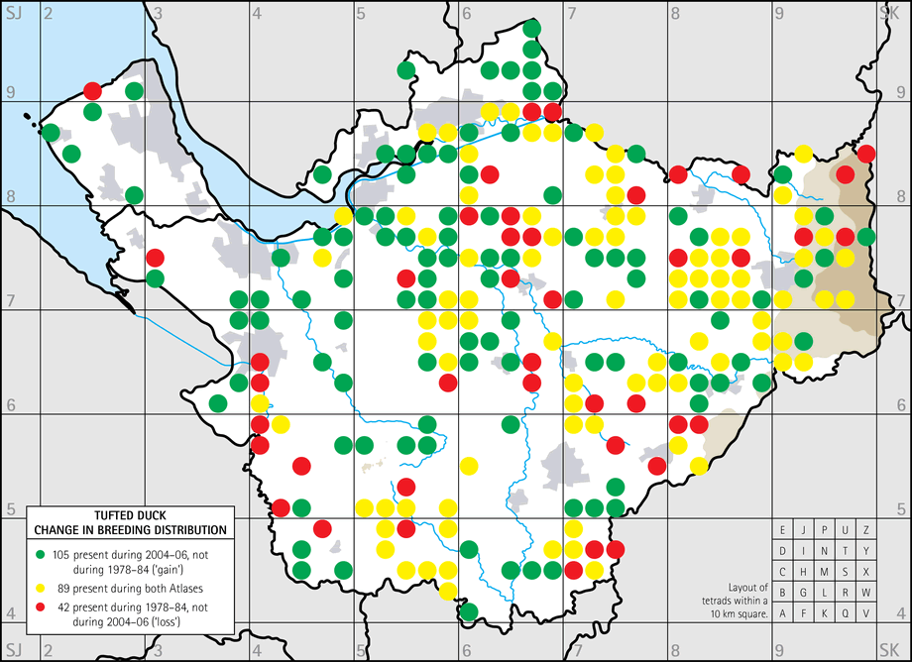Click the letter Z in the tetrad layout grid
point(865,529)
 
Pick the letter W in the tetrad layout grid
point(865,593)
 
